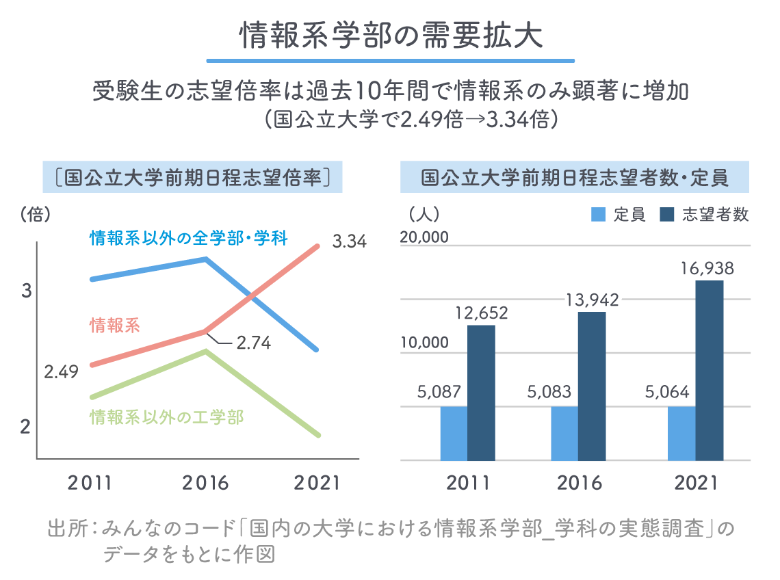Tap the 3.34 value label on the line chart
coord(349,241)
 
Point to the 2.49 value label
coord(61,372)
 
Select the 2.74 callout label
coord(253,343)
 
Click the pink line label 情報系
coord(115,326)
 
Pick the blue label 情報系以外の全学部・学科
coord(188,238)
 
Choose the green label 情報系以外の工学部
coord(166,417)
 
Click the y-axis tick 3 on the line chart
coord(27,291)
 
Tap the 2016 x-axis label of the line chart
coord(205,483)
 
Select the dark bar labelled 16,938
coord(710,370)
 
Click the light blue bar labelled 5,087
coord(454,433)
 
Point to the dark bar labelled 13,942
coord(592,386)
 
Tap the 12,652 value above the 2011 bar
coord(481,313)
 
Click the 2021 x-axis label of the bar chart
coord(696,483)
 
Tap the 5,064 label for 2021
coord(667,393)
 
